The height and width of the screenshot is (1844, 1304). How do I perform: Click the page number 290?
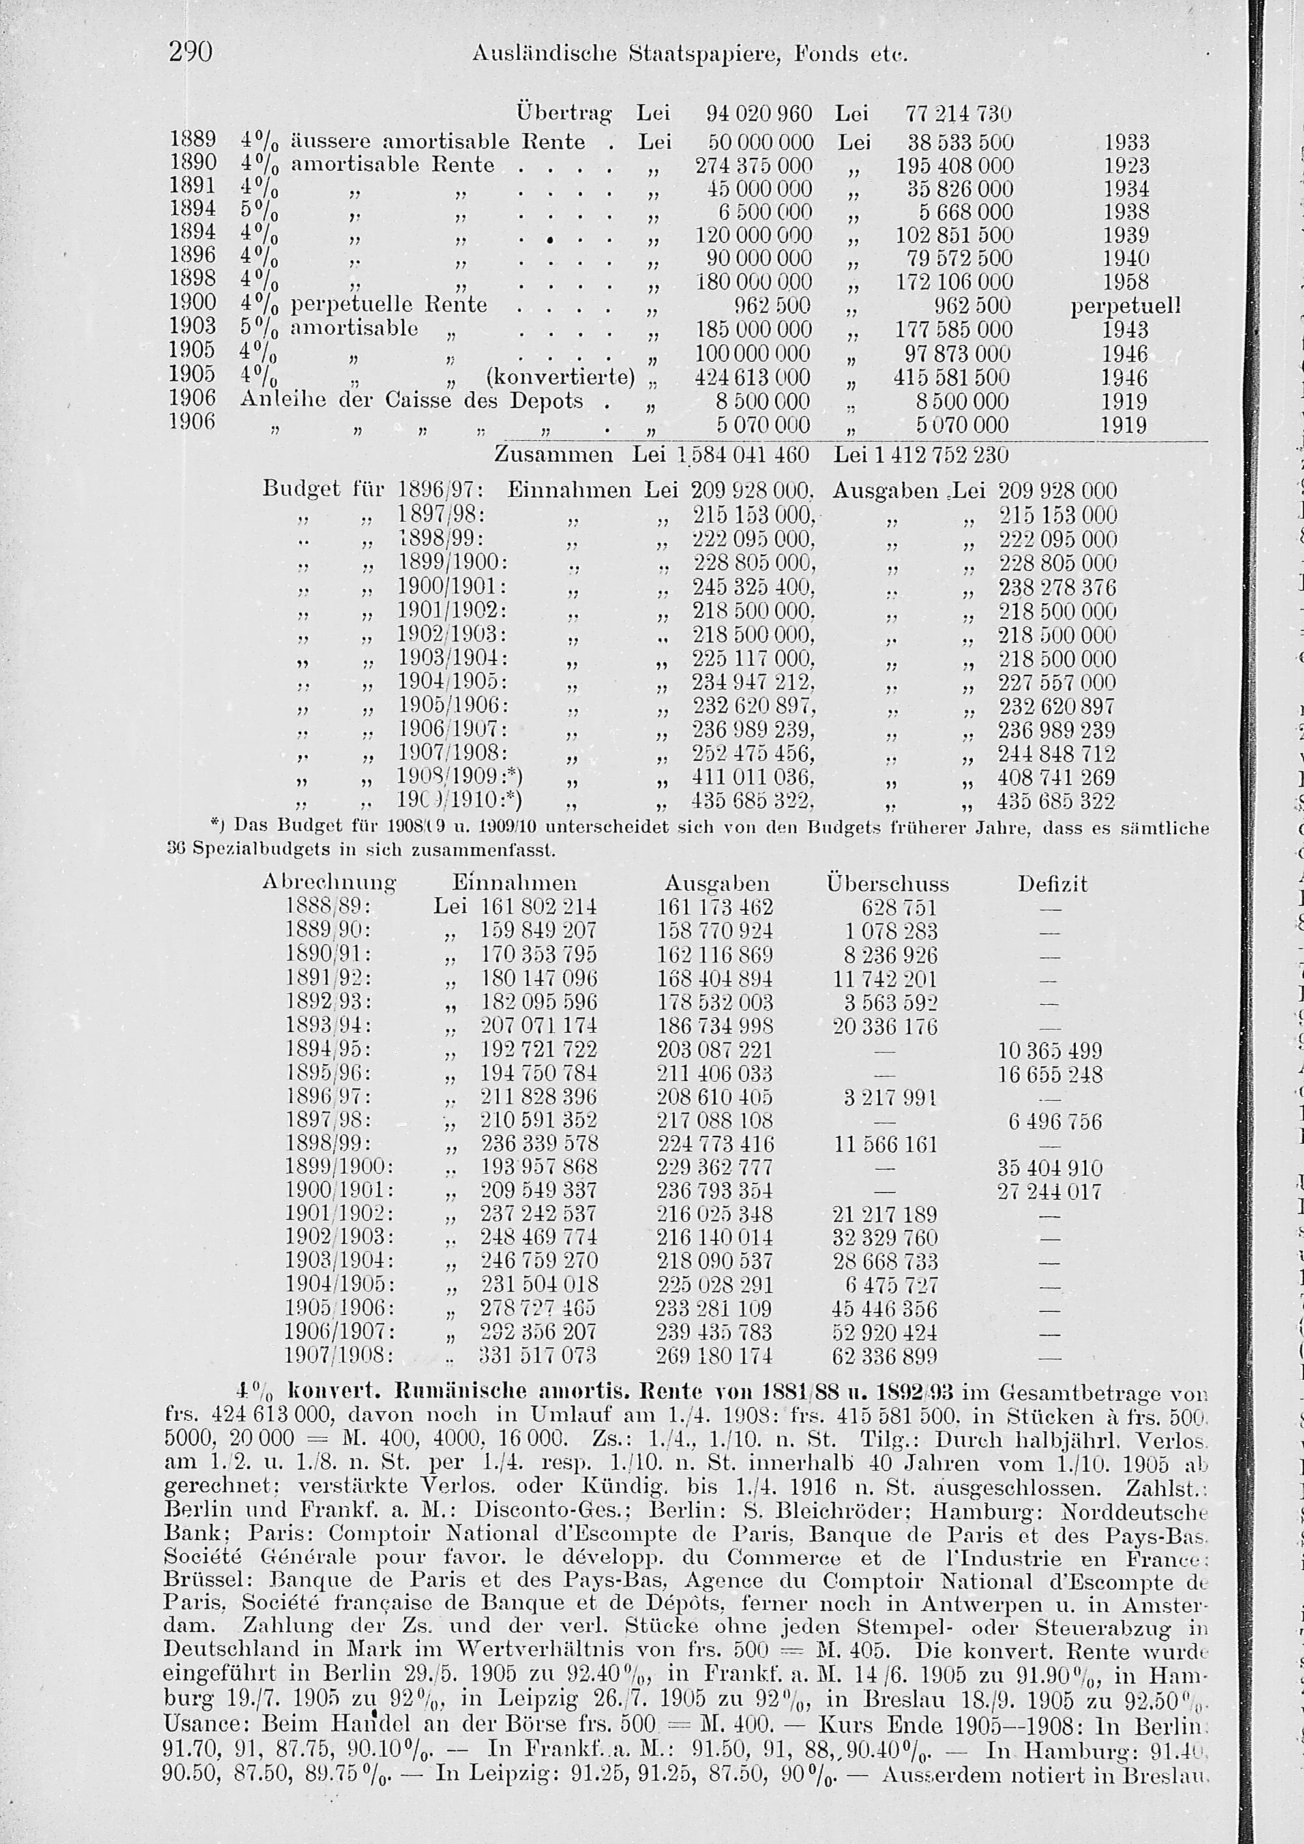click(190, 53)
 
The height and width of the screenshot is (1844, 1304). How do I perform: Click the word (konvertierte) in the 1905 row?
click(561, 377)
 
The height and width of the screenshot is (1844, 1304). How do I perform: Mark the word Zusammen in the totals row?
click(554, 454)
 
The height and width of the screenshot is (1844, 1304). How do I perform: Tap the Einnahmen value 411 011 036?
click(754, 777)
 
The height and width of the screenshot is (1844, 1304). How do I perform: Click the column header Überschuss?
click(887, 884)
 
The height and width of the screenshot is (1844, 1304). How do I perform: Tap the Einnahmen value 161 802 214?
click(538, 908)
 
